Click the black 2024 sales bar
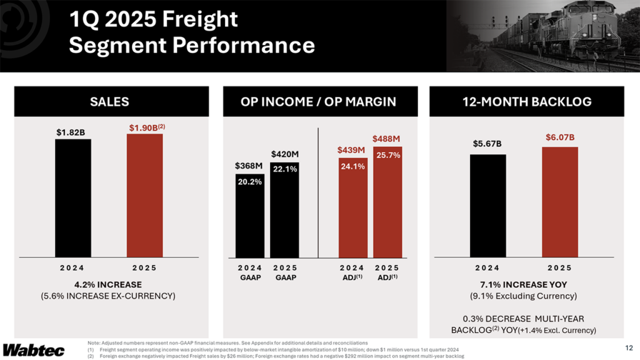coord(72,197)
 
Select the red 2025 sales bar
coord(144,195)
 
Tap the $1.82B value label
coord(72,132)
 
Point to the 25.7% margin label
coord(387,155)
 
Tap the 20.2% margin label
coord(249,182)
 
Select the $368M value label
coord(249,166)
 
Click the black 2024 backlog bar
coord(487,205)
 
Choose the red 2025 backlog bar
coord(559,201)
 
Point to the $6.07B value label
coord(559,137)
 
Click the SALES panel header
coord(110,101)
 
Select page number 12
coord(628,347)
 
